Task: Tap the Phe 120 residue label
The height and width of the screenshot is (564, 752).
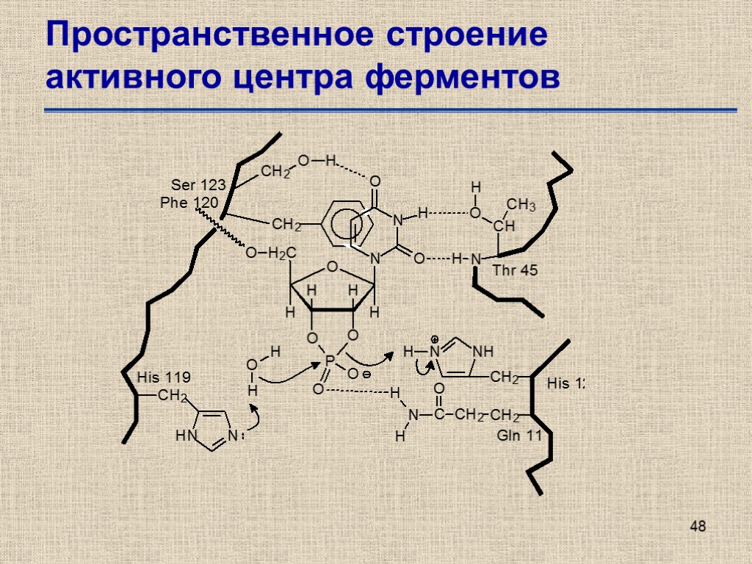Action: point(189,201)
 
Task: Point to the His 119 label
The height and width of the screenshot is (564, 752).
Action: point(164,377)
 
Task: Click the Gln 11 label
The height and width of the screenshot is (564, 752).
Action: point(519,436)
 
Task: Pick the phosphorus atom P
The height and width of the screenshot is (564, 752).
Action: point(330,360)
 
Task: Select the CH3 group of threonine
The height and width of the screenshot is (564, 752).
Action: point(521,205)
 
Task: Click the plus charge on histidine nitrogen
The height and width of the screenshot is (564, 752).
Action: point(435,340)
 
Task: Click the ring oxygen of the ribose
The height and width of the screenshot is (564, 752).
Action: point(331,266)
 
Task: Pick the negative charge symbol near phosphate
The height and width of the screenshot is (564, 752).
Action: point(365,375)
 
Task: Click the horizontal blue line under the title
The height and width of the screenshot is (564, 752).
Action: point(390,110)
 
